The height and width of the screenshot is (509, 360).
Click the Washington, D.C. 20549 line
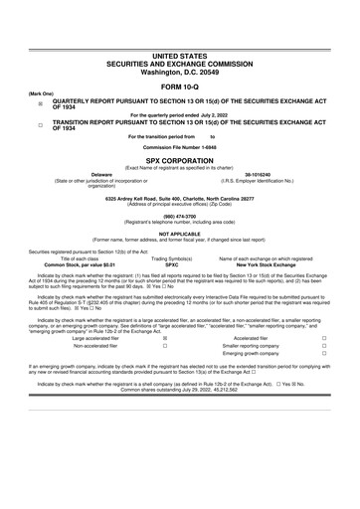pyautogui.click(x=179, y=74)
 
